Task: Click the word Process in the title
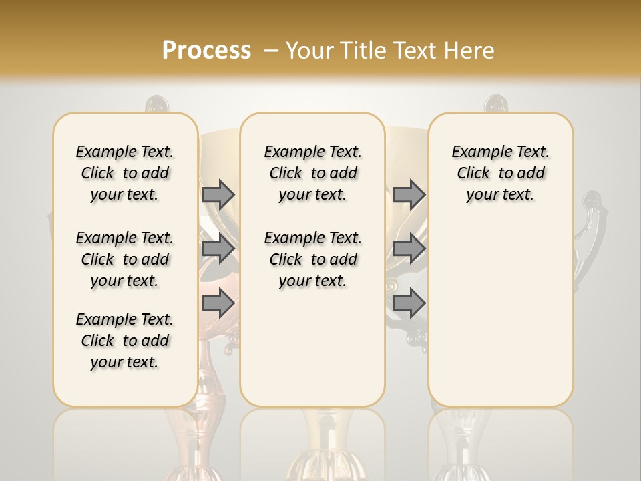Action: [x=206, y=51]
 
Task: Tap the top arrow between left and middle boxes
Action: [x=218, y=194]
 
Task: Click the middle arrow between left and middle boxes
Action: [x=218, y=249]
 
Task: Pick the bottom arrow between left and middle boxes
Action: [x=218, y=303]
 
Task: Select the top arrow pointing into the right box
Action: [x=409, y=194]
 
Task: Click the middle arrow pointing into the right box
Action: [x=409, y=249]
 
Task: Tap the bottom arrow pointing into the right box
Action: [x=409, y=303]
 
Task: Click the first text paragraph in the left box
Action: [x=125, y=173]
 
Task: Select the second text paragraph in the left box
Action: [x=125, y=259]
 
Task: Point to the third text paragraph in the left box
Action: [x=125, y=341]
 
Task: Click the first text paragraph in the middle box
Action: [x=313, y=173]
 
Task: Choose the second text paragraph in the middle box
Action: [x=313, y=259]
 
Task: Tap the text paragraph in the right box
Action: [x=501, y=173]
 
